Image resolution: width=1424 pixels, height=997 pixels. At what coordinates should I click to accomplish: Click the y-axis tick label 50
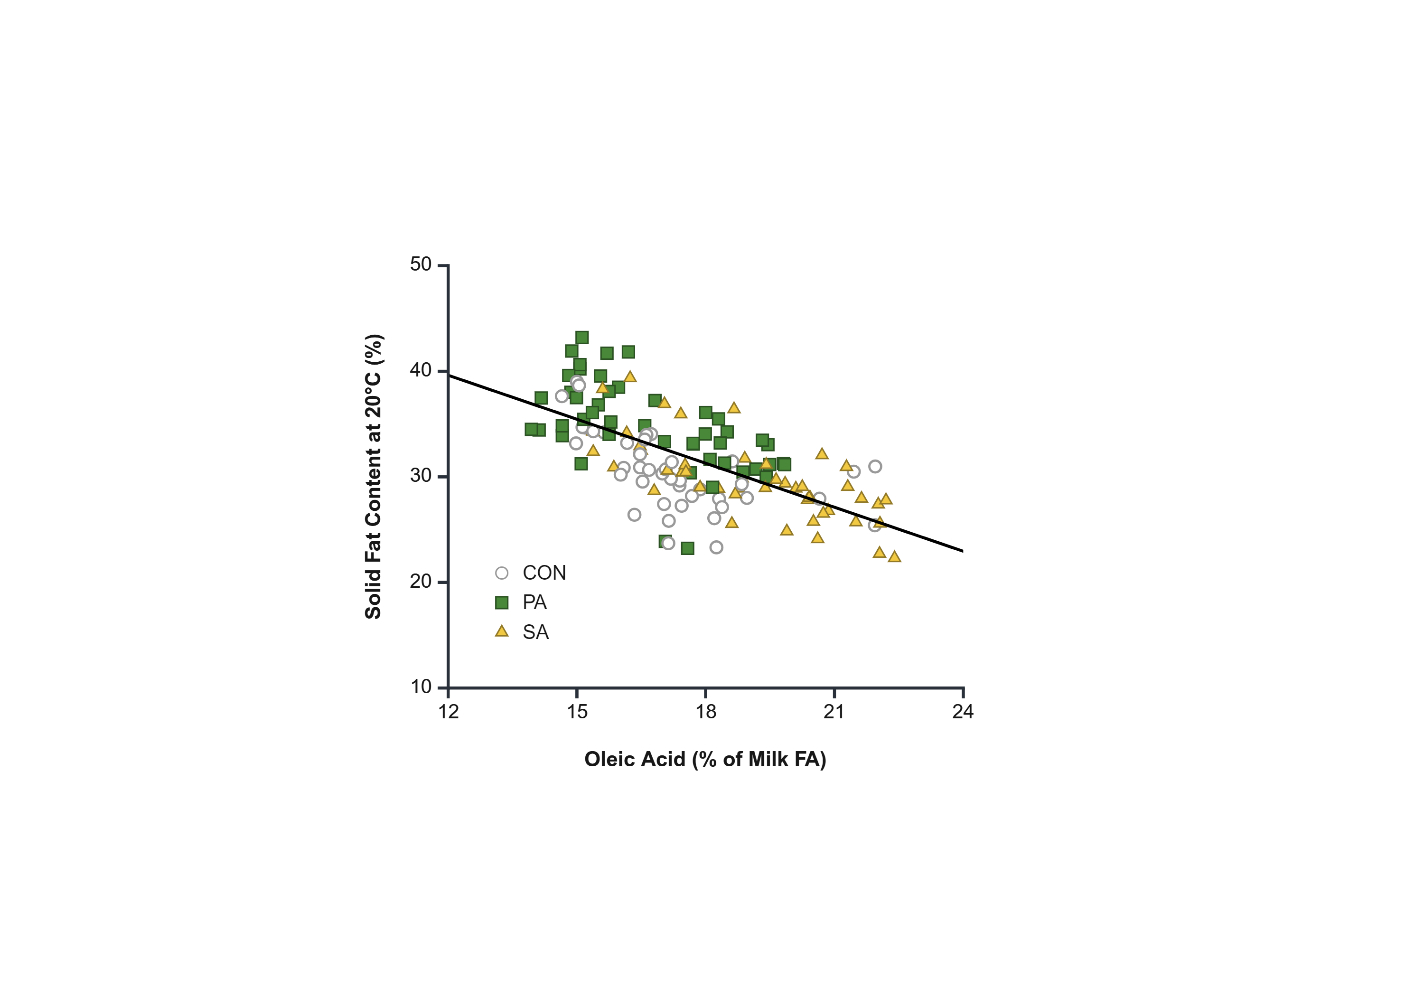click(420, 265)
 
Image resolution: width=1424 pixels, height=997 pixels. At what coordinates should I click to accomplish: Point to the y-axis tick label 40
click(420, 370)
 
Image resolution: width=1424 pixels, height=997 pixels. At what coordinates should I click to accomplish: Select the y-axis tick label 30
click(420, 476)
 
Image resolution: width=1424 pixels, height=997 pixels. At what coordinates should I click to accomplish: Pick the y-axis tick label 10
click(421, 687)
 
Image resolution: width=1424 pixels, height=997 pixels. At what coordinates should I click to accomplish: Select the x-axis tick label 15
click(577, 712)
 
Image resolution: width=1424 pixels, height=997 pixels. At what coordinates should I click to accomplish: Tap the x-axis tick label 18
click(706, 712)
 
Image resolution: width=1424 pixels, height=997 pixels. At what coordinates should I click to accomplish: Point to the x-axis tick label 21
click(834, 712)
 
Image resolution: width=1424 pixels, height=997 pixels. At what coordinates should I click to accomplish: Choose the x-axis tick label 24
click(963, 712)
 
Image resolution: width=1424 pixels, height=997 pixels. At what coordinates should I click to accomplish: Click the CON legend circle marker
click(502, 573)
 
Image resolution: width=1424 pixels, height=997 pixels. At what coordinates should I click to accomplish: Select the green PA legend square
click(502, 602)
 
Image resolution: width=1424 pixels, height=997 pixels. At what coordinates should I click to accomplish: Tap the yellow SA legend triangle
click(502, 631)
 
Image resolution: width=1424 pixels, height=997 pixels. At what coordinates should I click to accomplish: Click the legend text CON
click(544, 573)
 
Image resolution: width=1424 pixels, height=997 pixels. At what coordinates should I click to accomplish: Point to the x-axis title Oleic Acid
click(705, 760)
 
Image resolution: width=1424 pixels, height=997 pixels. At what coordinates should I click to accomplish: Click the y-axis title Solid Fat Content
click(373, 477)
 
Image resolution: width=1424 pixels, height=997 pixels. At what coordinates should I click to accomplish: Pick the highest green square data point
click(582, 338)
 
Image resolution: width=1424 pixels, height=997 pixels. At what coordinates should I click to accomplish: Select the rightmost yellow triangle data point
click(894, 556)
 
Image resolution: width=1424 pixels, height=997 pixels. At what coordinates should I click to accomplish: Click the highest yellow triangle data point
click(630, 376)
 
